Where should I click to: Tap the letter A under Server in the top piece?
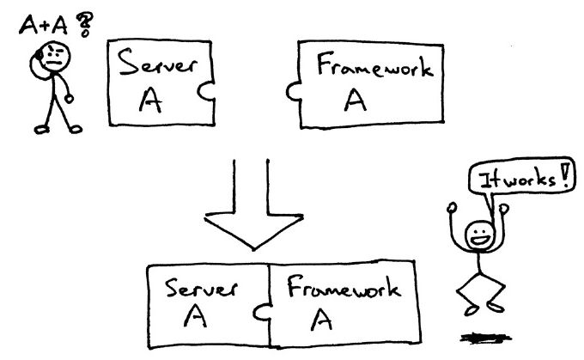coord(153,101)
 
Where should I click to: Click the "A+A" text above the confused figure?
coord(42,26)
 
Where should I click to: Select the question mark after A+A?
coord(85,27)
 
